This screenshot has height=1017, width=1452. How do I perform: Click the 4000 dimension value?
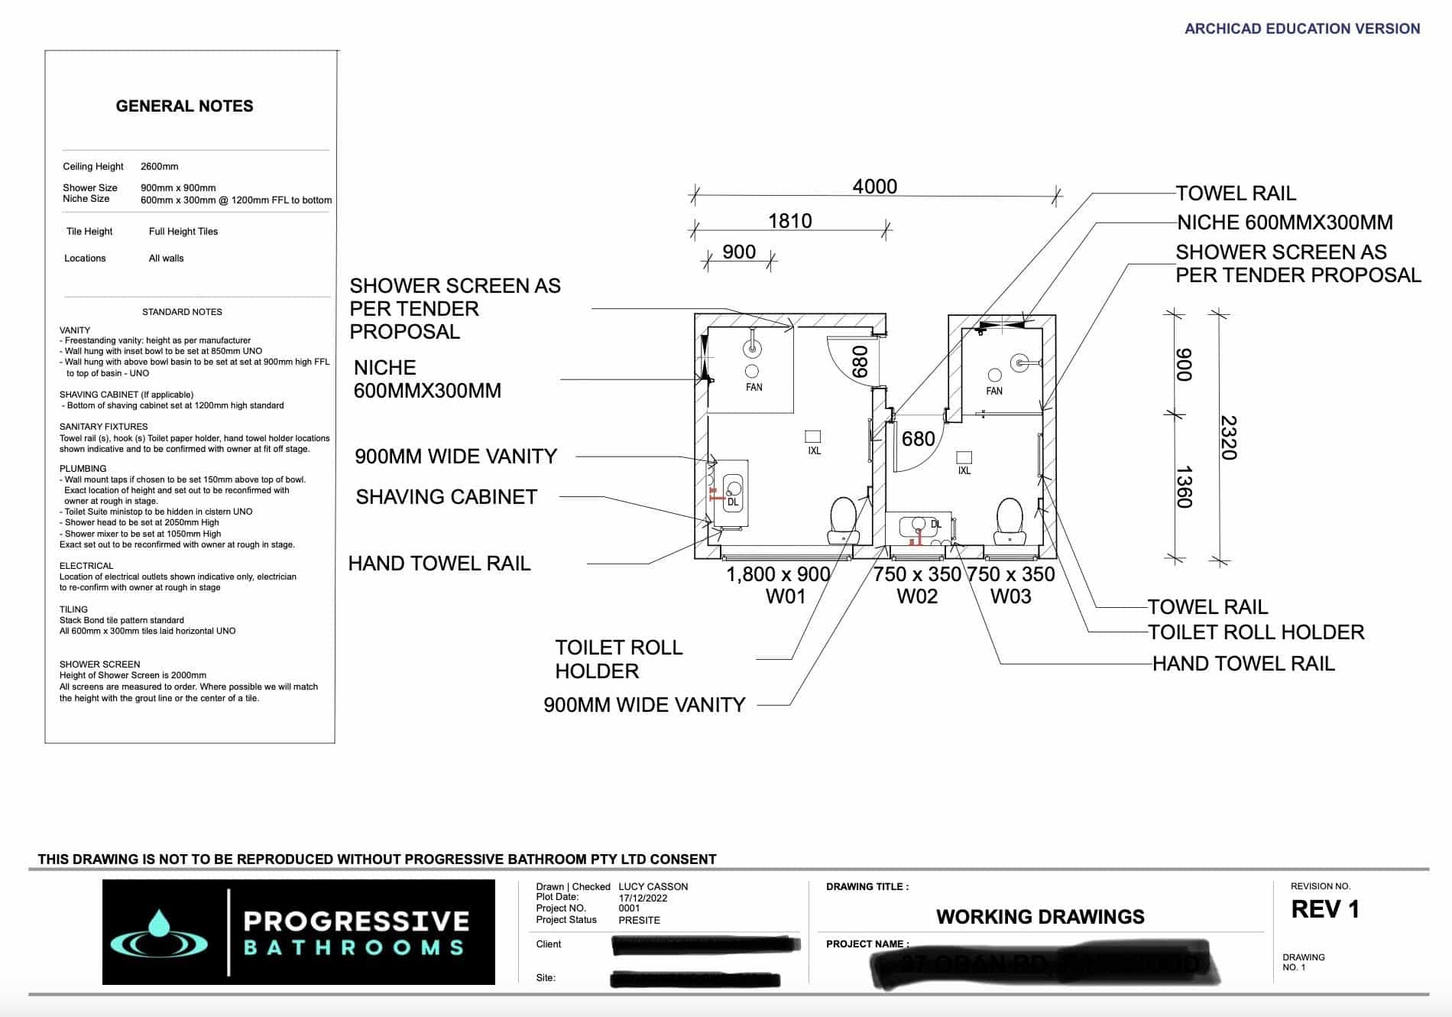874,186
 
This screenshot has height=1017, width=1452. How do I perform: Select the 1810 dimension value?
789,221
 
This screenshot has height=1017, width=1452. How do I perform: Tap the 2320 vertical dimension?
1227,437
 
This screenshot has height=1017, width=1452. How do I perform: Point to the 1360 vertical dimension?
1183,486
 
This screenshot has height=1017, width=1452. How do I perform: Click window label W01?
786,596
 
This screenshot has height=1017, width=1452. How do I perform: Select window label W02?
916,596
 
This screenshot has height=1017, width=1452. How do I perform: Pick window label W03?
1010,596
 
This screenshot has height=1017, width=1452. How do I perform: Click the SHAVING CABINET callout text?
446,497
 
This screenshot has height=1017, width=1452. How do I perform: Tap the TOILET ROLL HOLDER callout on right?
1256,632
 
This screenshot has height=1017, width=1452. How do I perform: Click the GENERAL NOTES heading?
184,106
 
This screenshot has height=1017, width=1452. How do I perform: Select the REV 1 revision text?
1325,909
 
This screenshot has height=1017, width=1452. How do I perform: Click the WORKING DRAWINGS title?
1040,917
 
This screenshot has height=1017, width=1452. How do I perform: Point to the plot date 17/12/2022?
643,898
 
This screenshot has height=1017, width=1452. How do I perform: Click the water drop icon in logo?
159,925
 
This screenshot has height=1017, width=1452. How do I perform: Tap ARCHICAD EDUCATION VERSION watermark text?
1301,28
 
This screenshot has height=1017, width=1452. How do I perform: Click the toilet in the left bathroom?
844,518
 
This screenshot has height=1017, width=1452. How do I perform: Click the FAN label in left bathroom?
754,388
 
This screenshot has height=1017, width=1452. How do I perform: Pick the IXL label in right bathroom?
964,471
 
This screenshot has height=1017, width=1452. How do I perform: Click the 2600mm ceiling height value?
159,167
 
